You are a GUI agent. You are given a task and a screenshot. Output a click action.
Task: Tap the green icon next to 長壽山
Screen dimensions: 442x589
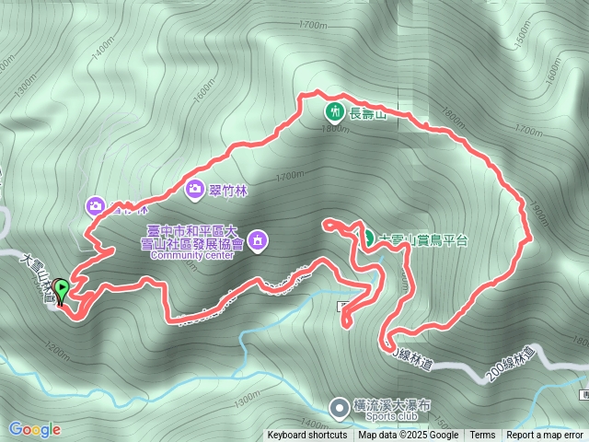(x=333, y=113)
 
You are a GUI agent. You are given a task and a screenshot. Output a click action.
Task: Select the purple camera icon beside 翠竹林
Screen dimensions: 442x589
(x=194, y=189)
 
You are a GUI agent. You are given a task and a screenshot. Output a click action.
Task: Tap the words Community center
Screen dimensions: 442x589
(x=194, y=255)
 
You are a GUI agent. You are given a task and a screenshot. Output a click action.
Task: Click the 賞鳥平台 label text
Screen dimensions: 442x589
(x=423, y=239)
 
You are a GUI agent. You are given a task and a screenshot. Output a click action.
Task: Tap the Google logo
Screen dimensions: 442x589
(x=34, y=429)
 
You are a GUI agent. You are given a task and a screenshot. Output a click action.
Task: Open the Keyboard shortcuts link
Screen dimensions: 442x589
(x=307, y=436)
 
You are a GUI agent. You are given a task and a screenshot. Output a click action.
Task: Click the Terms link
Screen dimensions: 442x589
(x=482, y=436)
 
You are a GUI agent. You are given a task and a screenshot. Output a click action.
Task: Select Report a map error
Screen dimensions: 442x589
(x=545, y=436)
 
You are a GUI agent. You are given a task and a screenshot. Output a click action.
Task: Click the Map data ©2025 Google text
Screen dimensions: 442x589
(x=408, y=436)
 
